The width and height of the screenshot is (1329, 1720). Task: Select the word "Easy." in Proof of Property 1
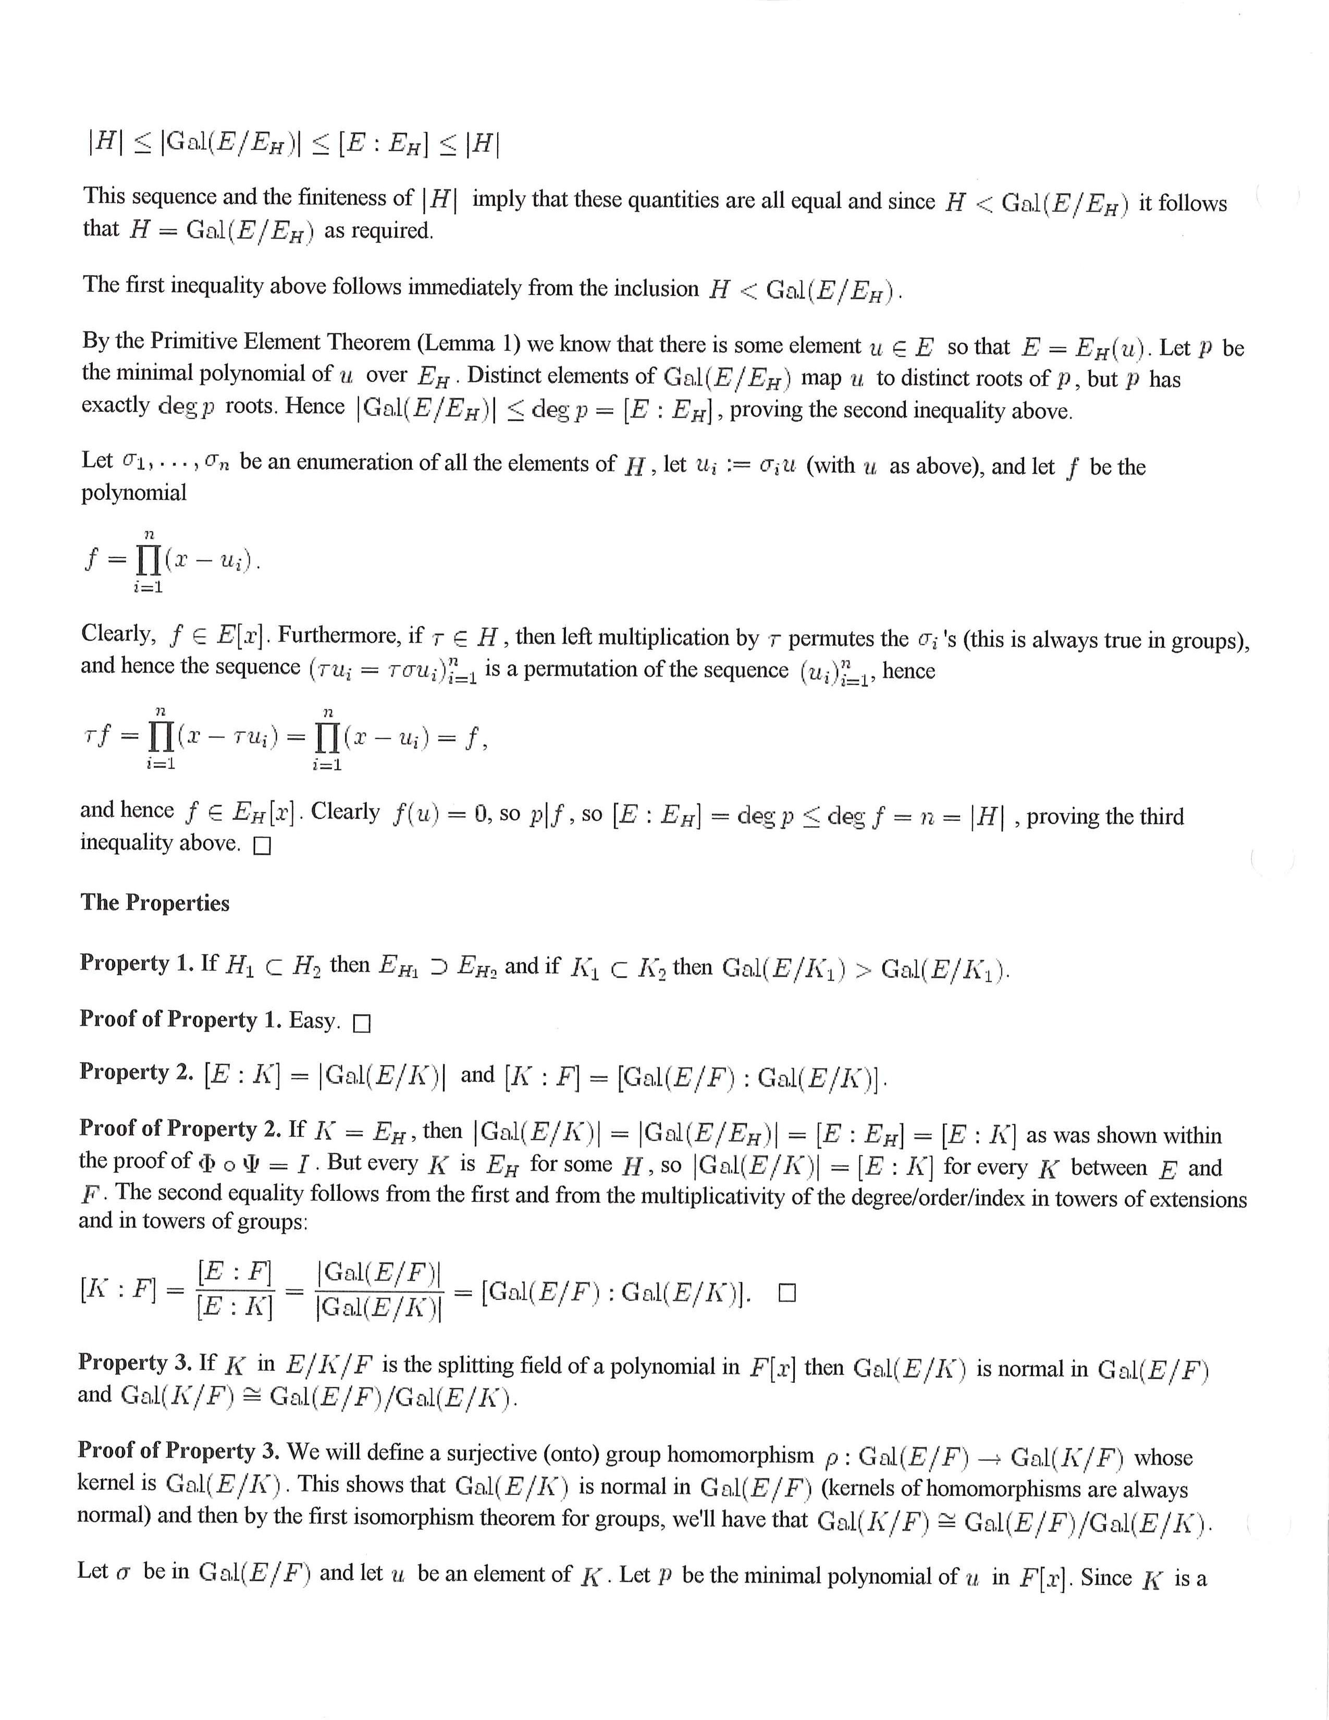coord(315,1021)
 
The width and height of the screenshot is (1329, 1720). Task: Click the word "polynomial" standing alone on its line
coord(134,493)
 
